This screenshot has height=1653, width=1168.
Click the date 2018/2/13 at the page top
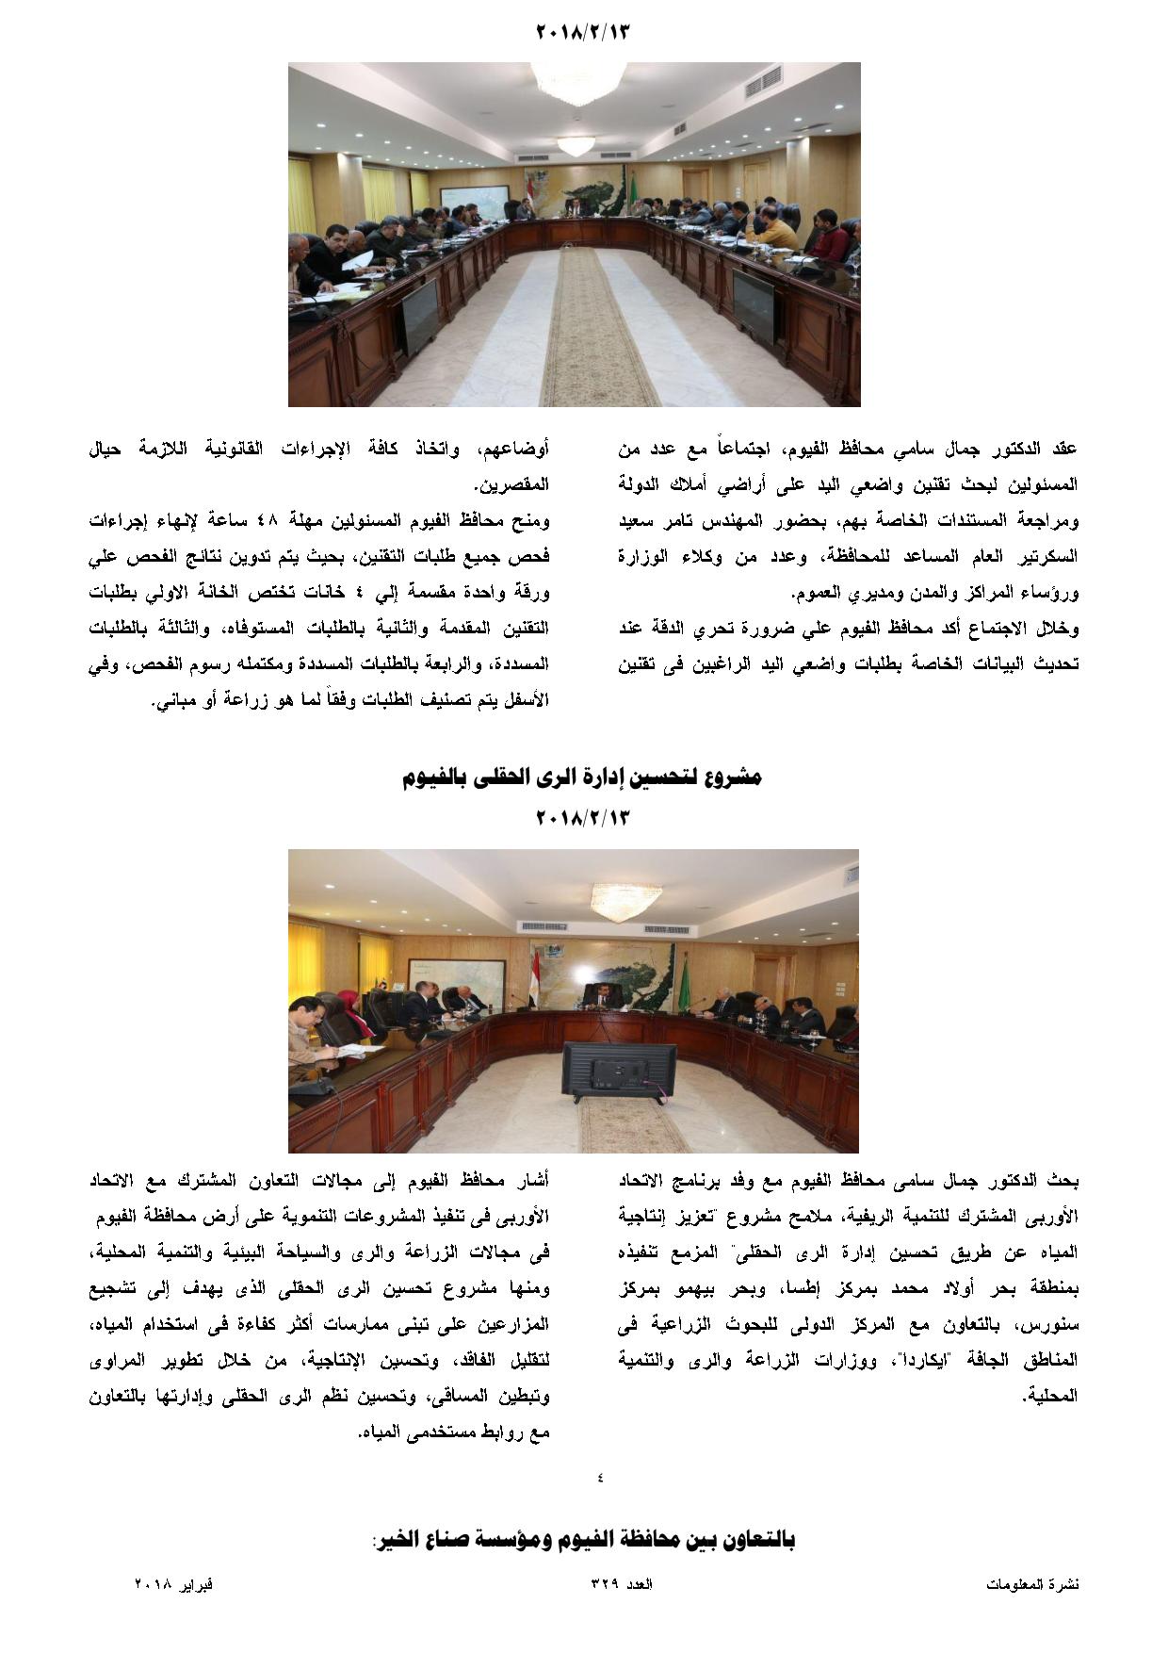coord(582,31)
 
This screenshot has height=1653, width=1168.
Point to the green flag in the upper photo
coord(633,185)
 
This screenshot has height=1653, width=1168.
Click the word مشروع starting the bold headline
coord(734,777)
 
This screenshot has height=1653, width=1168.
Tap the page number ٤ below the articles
coord(600,1477)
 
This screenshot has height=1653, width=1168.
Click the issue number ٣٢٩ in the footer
coord(605,1584)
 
